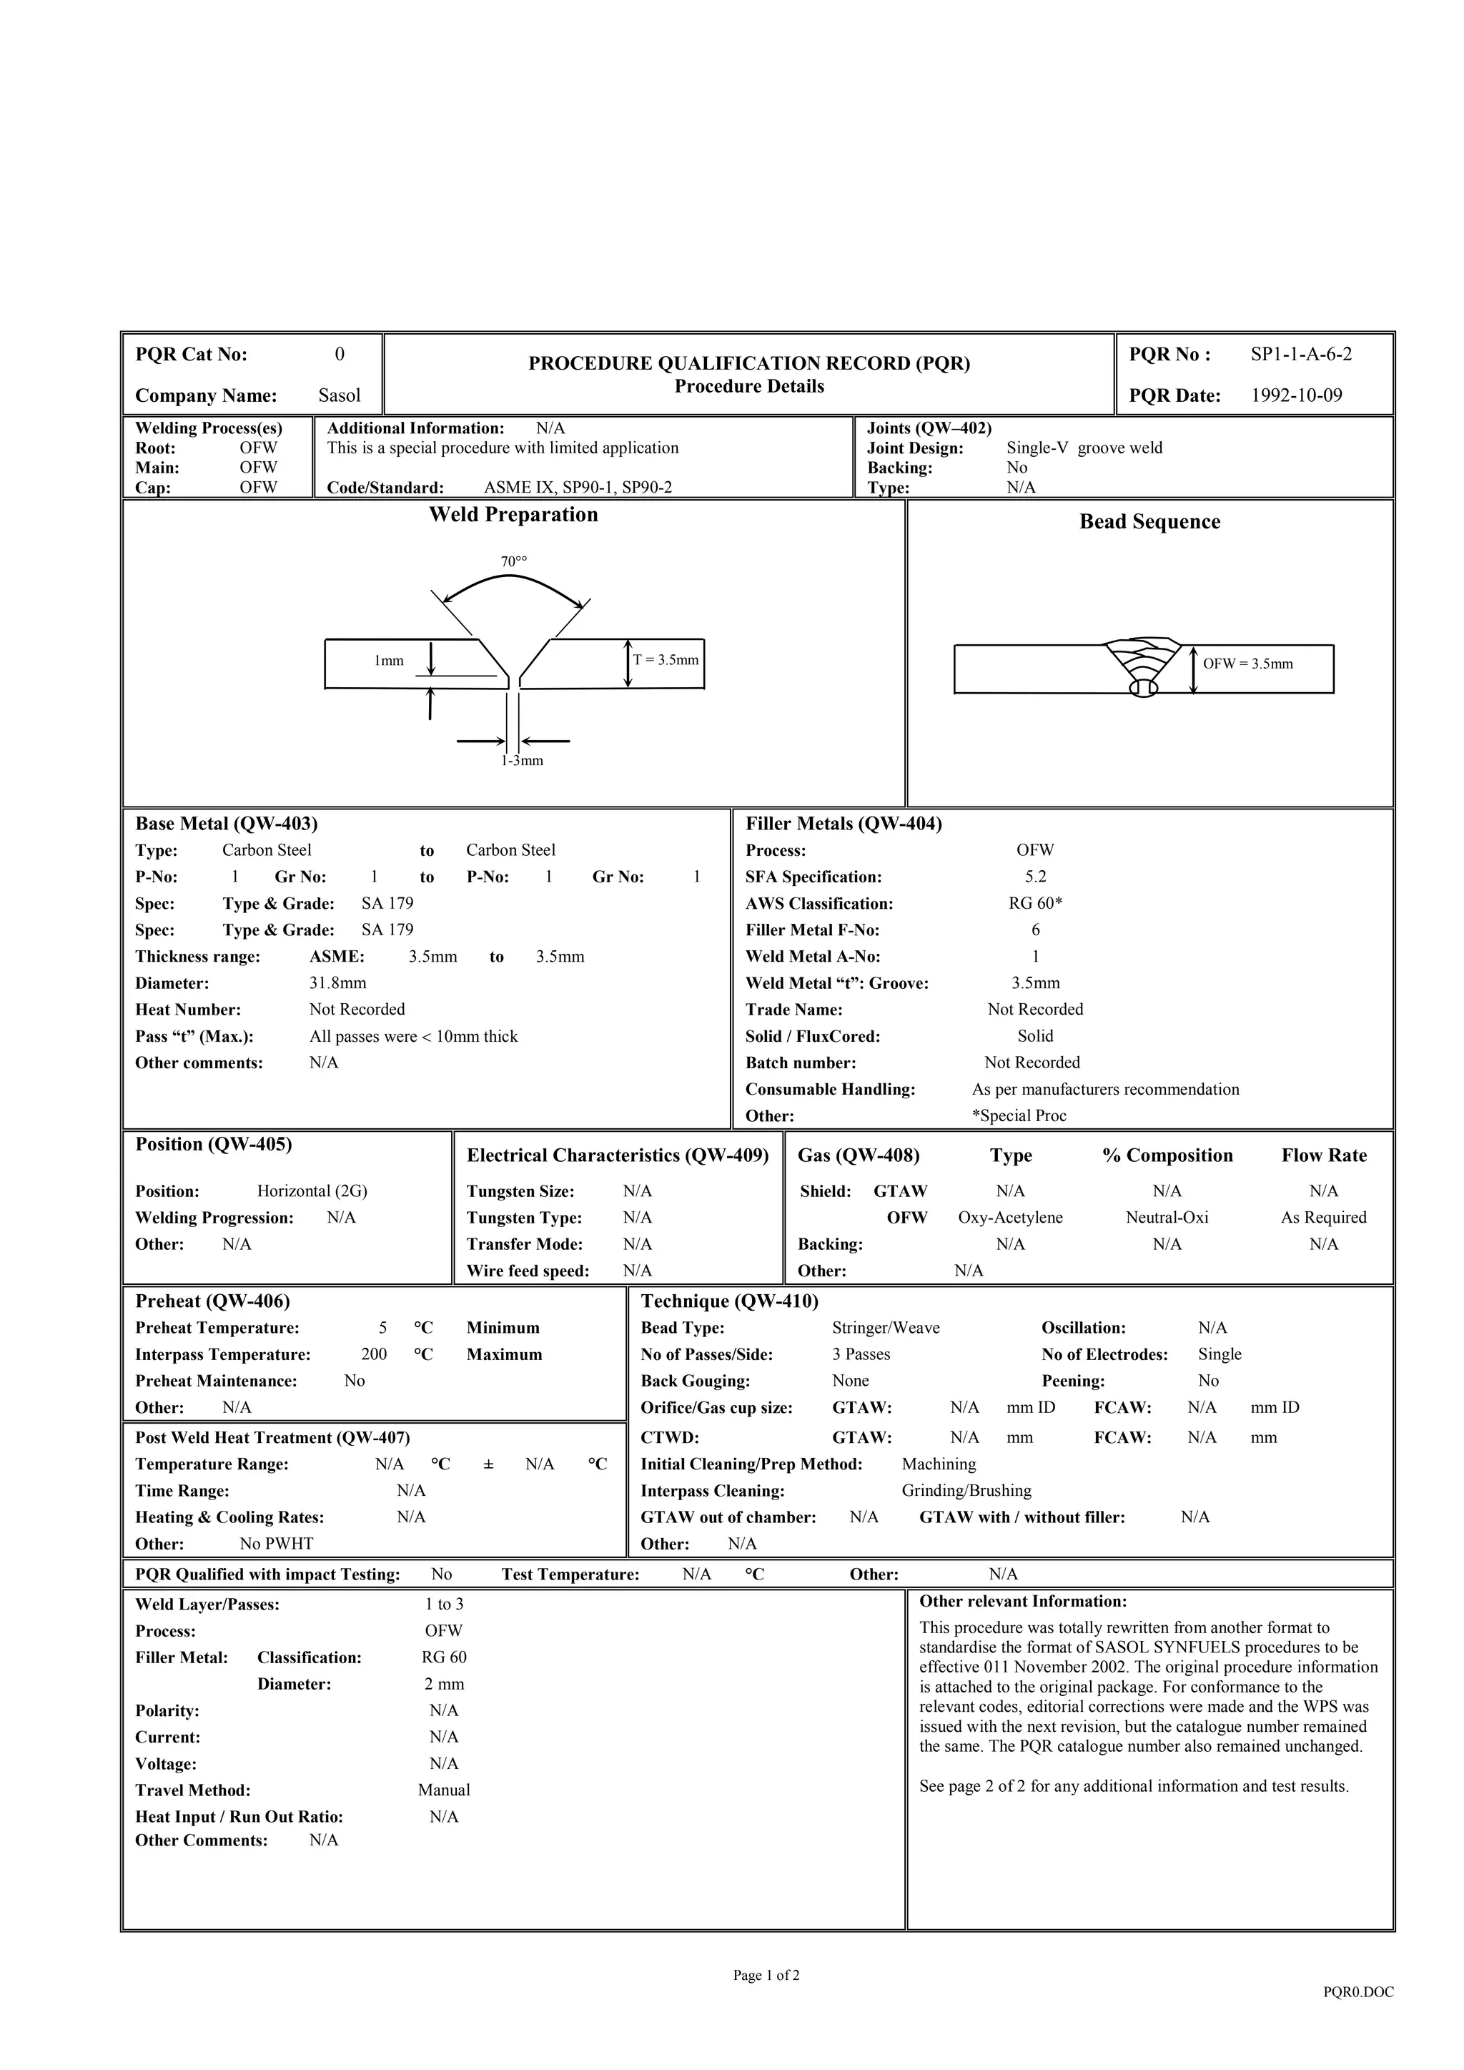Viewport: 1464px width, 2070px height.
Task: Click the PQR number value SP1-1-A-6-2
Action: tap(1301, 355)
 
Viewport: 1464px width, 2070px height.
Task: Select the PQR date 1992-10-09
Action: tap(1295, 396)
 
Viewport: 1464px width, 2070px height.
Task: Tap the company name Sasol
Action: tap(339, 396)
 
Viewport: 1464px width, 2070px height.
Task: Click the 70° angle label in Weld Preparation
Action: tap(514, 562)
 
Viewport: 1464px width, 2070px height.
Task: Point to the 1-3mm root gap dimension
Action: tap(522, 761)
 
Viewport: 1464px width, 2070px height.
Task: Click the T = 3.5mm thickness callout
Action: tap(666, 660)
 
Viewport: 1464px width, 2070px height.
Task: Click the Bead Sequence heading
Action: tap(1149, 522)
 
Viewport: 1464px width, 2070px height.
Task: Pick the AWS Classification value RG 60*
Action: tap(1035, 903)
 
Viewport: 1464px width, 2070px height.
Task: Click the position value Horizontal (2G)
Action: tap(312, 1191)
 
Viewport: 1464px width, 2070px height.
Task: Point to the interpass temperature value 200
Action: tap(373, 1354)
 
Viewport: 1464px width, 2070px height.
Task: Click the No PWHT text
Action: tap(277, 1544)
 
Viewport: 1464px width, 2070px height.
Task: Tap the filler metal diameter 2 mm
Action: tap(443, 1684)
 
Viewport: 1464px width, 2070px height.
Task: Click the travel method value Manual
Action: tap(443, 1790)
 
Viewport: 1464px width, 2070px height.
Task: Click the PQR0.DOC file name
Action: tap(1357, 1993)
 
